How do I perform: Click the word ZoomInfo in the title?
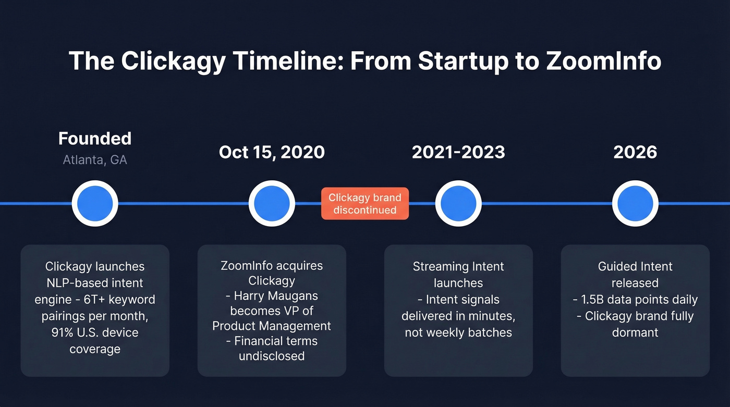[x=604, y=61]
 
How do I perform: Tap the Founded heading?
[x=95, y=139]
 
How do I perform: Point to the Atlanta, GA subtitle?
[x=95, y=159]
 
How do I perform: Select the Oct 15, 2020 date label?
[x=272, y=152]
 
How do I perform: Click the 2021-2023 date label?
[x=458, y=152]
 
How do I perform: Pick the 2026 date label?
[x=635, y=152]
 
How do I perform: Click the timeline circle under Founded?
[x=95, y=203]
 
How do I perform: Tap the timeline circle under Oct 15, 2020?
[x=272, y=203]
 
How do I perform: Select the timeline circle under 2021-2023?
[x=458, y=203]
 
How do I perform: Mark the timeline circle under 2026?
[x=635, y=203]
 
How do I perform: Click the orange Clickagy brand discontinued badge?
[x=365, y=204]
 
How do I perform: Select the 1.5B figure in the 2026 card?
[x=595, y=300]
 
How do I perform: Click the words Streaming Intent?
[x=458, y=267]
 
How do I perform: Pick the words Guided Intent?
[x=635, y=267]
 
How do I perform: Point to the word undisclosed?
[x=272, y=356]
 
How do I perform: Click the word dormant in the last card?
[x=635, y=332]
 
